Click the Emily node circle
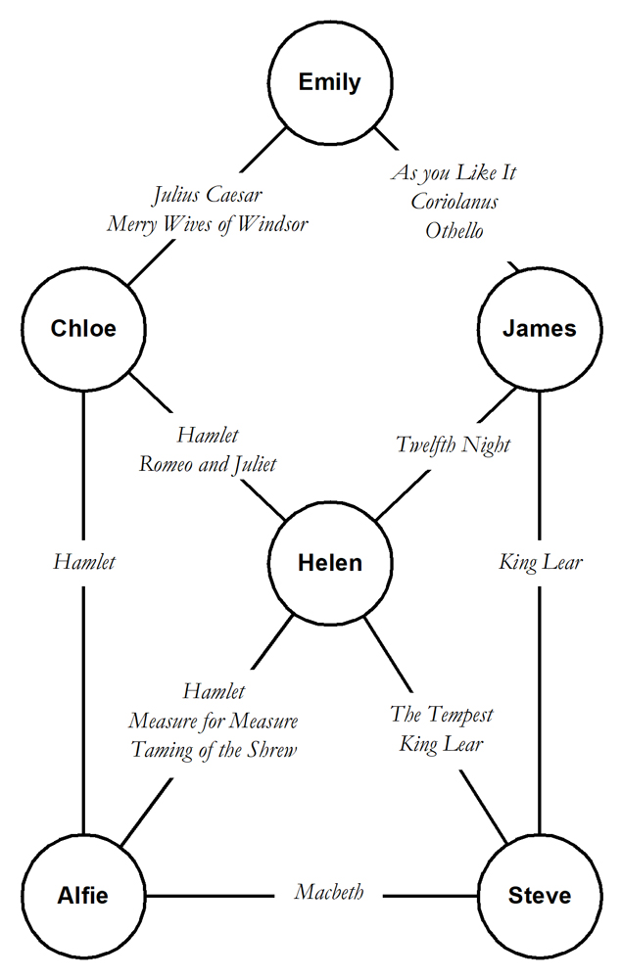coord(330,82)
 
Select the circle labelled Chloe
coord(83,329)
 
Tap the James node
coord(540,329)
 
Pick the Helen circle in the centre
coord(330,563)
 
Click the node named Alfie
coord(83,895)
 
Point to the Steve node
coord(540,895)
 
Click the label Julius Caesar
coord(208,195)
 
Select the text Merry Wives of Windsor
coord(208,224)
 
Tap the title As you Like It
coord(454,173)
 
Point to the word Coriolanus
coord(454,202)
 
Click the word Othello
coord(454,231)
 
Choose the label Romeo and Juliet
coord(208,464)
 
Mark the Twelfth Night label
coord(454,444)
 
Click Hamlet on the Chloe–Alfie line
coord(83,562)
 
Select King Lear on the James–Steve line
coord(540,562)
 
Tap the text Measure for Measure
coord(214,722)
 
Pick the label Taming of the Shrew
coord(214,750)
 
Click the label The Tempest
coord(442,714)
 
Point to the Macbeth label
coord(330,892)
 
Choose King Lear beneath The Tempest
coord(442,743)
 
